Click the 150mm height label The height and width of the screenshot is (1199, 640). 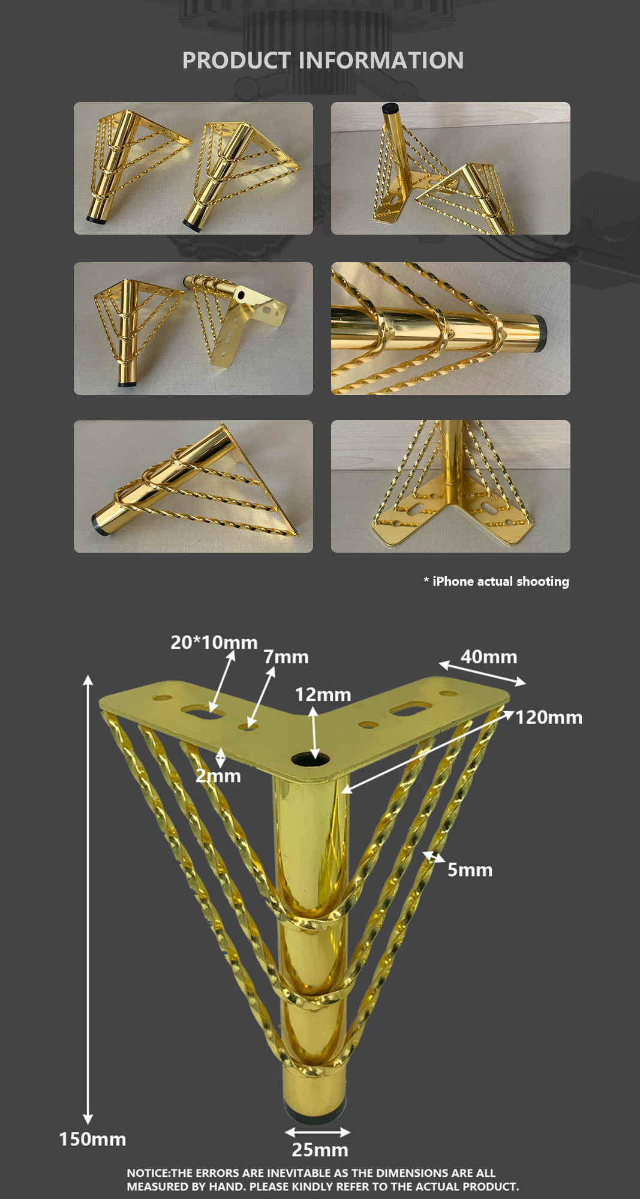pos(92,1139)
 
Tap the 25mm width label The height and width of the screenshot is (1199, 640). pos(320,1150)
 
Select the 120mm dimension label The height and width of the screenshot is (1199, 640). pos(549,717)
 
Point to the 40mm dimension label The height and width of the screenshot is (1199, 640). pos(489,657)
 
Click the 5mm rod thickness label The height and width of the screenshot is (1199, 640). pos(470,870)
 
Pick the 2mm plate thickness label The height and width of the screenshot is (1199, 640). pos(218,776)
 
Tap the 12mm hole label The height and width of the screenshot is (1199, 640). pos(323,694)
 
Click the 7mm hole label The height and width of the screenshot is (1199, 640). pos(286,657)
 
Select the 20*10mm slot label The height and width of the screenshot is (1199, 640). pos(214,642)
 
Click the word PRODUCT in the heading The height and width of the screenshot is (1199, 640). pos(236,61)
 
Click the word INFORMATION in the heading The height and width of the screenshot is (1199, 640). pos(381,61)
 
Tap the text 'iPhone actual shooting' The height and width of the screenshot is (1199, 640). pos(501,581)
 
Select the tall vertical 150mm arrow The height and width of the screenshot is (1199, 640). pos(88,900)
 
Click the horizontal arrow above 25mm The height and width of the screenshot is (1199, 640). pos(318,1132)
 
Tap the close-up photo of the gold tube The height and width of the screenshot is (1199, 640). pos(450,328)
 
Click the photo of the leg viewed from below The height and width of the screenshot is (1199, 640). pos(450,486)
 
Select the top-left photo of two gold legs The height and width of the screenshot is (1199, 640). pos(193,168)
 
